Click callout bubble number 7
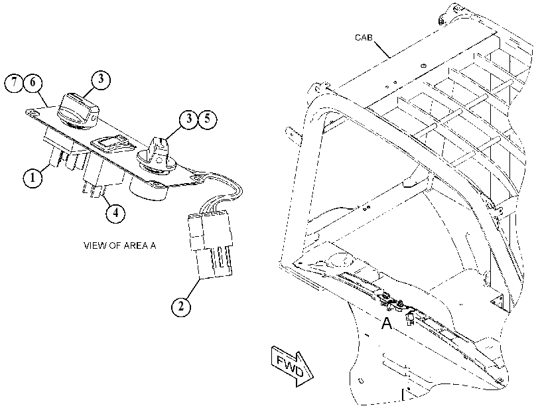(x=14, y=83)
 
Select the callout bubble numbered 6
(x=33, y=83)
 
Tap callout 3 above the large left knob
(x=101, y=79)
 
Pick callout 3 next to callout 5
(x=189, y=119)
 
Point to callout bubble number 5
(x=208, y=119)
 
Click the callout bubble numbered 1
(x=33, y=178)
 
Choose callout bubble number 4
(x=115, y=213)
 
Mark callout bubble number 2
(x=181, y=305)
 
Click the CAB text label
(x=364, y=38)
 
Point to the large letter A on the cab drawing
(x=386, y=323)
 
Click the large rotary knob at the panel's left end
(x=78, y=111)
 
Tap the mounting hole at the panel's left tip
(x=31, y=112)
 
